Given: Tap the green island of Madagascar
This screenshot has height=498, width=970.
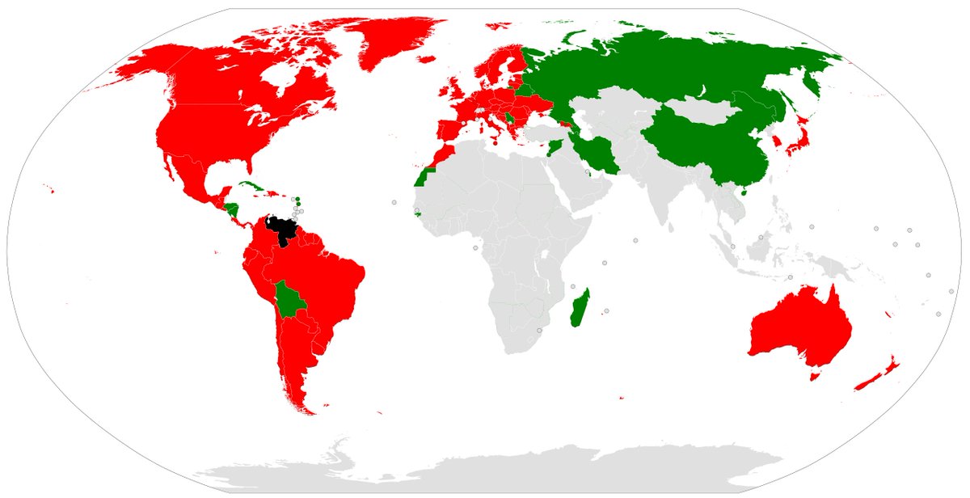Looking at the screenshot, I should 578,307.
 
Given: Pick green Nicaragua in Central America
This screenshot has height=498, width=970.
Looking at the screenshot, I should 233,210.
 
